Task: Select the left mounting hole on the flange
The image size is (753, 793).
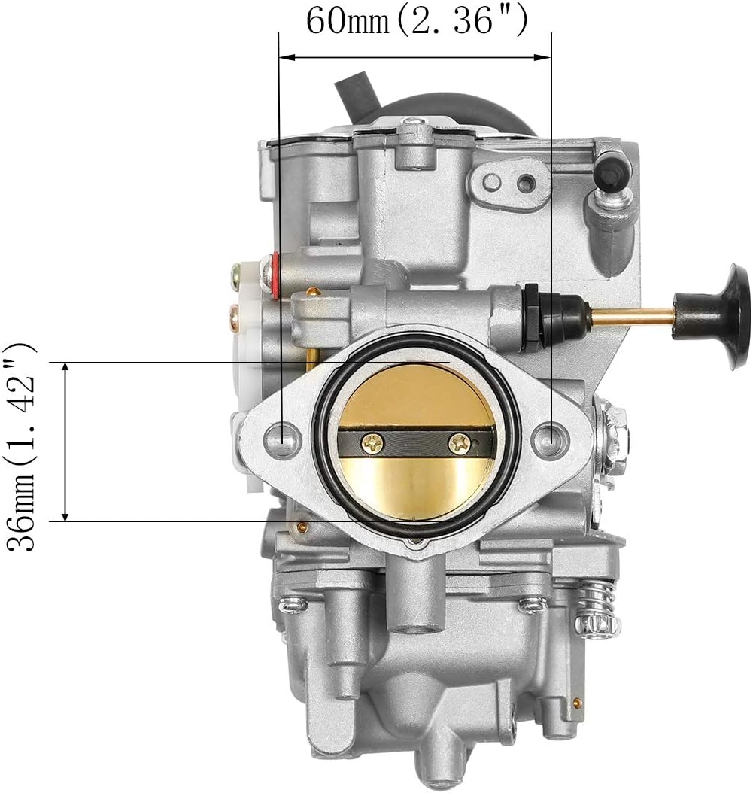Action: pos(284,437)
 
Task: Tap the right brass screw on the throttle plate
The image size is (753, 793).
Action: pos(458,444)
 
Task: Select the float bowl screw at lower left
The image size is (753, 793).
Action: pos(292,603)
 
